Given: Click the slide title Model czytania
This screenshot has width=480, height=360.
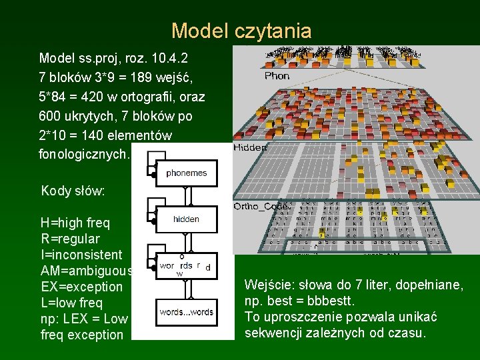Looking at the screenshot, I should pyautogui.click(x=241, y=31).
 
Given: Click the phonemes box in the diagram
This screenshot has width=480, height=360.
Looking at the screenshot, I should pyautogui.click(x=187, y=173).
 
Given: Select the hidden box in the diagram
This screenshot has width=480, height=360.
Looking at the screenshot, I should pyautogui.click(x=186, y=219).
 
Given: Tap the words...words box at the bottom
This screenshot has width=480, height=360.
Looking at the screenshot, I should pyautogui.click(x=186, y=312).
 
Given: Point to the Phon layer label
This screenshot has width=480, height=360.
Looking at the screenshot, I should pyautogui.click(x=277, y=76).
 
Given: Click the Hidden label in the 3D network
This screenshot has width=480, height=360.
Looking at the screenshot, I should pyautogui.click(x=250, y=148).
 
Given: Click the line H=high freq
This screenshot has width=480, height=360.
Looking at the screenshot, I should pyautogui.click(x=75, y=223).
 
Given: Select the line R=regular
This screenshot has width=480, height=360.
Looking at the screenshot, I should pyautogui.click(x=70, y=239).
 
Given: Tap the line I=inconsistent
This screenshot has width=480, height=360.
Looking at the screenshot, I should pyautogui.click(x=81, y=255).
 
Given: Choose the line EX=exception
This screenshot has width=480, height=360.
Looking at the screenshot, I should pyautogui.click(x=81, y=287).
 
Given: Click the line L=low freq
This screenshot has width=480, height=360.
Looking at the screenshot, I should pyautogui.click(x=71, y=303).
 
